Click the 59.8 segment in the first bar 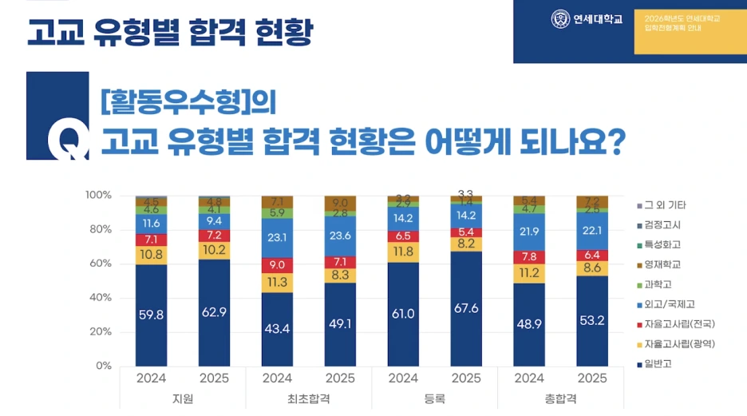(x=151, y=315)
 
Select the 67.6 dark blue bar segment (x=467, y=309)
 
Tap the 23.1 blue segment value (x=277, y=237)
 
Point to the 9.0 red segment (x=277, y=265)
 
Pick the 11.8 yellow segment (x=403, y=252)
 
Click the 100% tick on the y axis (x=98, y=196)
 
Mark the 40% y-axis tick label (x=101, y=298)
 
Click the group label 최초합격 (x=309, y=398)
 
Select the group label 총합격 (x=561, y=398)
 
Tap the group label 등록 (x=435, y=398)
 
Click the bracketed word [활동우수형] (x=176, y=102)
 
